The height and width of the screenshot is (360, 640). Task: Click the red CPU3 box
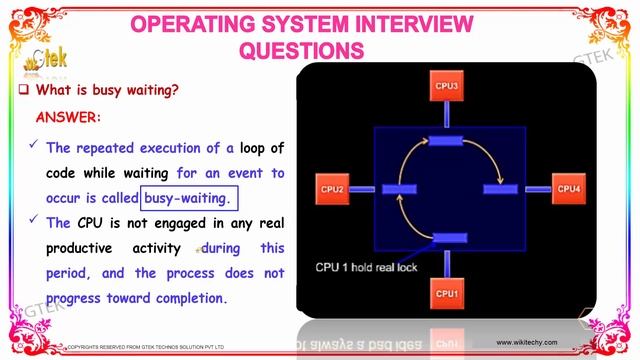point(445,87)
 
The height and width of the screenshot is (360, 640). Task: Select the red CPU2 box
point(334,188)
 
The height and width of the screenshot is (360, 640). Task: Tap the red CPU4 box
point(567,188)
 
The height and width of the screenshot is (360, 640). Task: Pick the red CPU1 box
point(445,294)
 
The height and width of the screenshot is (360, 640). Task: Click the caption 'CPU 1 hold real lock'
point(367,267)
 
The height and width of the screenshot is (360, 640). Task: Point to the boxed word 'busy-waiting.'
point(189,198)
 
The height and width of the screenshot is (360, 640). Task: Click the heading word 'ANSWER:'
point(68,117)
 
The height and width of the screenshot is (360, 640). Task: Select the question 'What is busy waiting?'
point(107,90)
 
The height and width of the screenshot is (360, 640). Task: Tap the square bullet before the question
point(23,90)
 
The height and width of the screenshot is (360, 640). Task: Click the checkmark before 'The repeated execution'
point(34,146)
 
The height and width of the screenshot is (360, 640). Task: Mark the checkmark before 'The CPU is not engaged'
point(34,222)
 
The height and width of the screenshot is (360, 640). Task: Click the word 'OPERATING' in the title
point(191,22)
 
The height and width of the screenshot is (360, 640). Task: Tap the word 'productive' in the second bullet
point(83,248)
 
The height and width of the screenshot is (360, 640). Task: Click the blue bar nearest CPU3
point(445,142)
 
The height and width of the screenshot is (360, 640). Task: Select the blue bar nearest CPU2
point(383,189)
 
